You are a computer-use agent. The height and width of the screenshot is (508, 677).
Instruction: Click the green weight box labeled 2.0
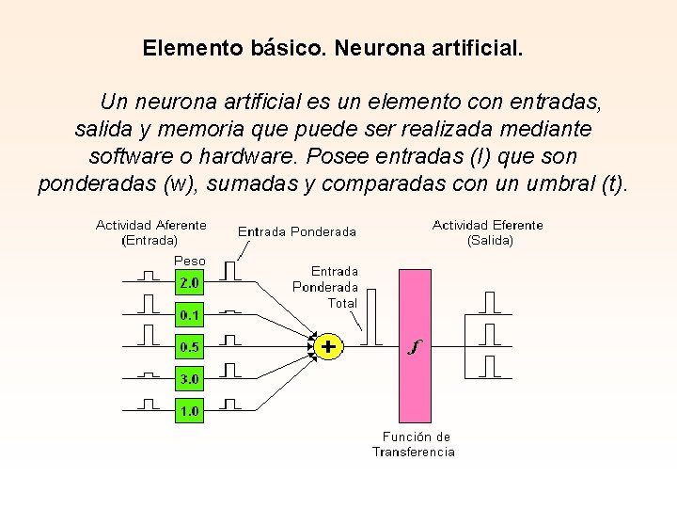189,282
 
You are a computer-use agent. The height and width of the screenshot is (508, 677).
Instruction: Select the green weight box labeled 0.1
189,314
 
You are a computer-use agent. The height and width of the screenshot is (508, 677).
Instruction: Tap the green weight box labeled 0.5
189,347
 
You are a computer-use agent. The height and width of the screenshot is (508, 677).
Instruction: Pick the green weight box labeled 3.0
189,379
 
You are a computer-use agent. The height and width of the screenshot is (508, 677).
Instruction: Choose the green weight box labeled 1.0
189,411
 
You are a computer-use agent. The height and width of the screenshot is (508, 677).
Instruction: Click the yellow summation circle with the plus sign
327,346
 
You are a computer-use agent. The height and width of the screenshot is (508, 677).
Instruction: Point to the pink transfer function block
415,345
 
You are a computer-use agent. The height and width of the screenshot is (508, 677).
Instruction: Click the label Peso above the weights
190,261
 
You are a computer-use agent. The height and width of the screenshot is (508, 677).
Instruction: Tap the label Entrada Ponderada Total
325,287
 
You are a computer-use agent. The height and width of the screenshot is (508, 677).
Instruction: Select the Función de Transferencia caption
415,444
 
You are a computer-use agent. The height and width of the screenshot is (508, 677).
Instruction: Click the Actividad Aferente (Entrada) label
150,232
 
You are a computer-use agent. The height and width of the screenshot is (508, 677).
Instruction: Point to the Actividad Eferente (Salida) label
488,232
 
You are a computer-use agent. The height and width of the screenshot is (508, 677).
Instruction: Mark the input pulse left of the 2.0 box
148,276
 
